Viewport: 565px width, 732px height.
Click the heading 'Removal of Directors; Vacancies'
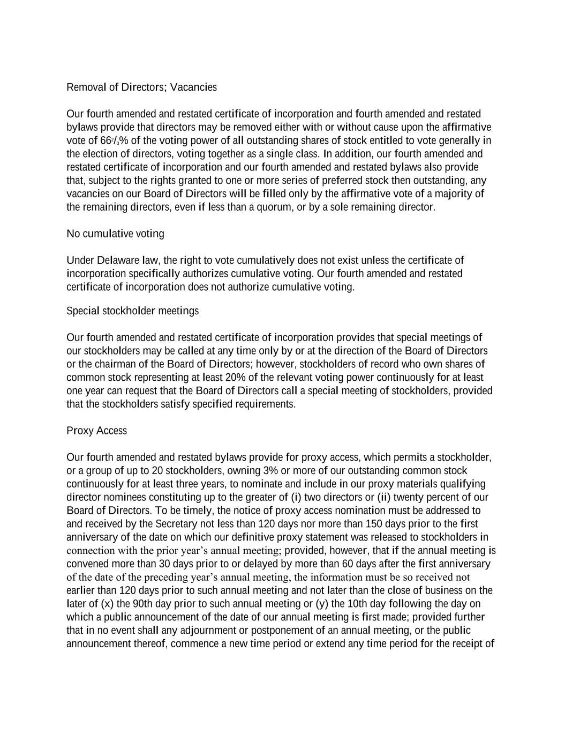coord(141,87)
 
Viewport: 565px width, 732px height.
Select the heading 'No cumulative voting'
coord(115,234)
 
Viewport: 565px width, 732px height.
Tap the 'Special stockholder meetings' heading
coord(132,311)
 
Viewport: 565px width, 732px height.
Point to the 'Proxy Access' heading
coord(96,431)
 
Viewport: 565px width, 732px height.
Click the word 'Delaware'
coord(118,261)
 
